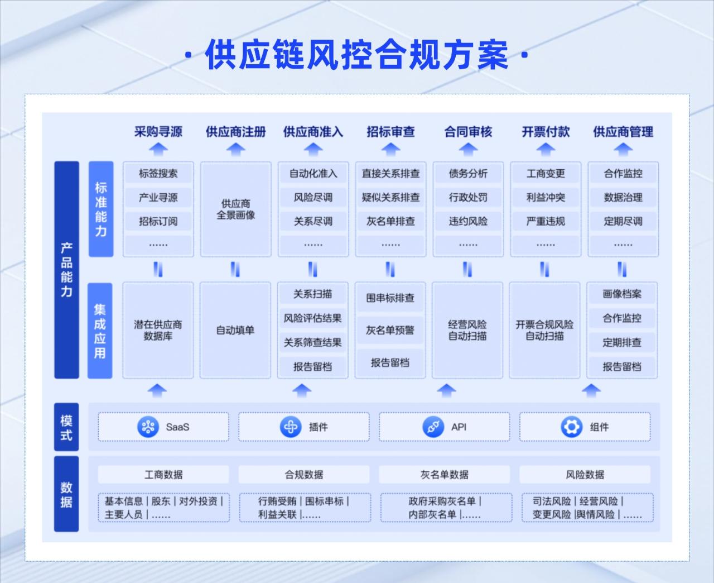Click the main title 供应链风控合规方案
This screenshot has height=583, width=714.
pyautogui.click(x=356, y=55)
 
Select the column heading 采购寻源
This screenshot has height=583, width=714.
pyautogui.click(x=158, y=132)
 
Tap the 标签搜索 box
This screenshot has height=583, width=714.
pyautogui.click(x=158, y=173)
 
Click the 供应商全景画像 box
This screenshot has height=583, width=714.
pyautogui.click(x=235, y=209)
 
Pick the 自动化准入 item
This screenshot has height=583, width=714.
pyautogui.click(x=313, y=173)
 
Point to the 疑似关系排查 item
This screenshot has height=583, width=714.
pyautogui.click(x=390, y=197)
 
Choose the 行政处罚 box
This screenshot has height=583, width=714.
pyautogui.click(x=468, y=197)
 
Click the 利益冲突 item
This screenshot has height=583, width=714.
pyautogui.click(x=546, y=197)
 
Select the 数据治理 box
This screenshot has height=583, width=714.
pyautogui.click(x=623, y=197)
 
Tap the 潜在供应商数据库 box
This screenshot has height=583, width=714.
pyautogui.click(x=158, y=330)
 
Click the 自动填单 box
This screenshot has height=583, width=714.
pyautogui.click(x=235, y=330)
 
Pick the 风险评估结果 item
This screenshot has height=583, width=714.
pyautogui.click(x=312, y=318)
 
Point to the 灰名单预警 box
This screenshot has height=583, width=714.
pyautogui.click(x=390, y=330)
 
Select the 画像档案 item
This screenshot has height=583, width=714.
pyautogui.click(x=622, y=294)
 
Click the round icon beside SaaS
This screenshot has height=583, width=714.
pyautogui.click(x=148, y=427)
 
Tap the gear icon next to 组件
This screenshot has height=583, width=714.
pyautogui.click(x=571, y=427)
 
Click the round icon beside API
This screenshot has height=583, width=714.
pyautogui.click(x=433, y=427)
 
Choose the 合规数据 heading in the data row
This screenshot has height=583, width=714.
pyautogui.click(x=304, y=475)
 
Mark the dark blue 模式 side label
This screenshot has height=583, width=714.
pyautogui.click(x=66, y=427)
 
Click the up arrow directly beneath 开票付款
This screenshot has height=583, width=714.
pyautogui.click(x=546, y=149)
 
